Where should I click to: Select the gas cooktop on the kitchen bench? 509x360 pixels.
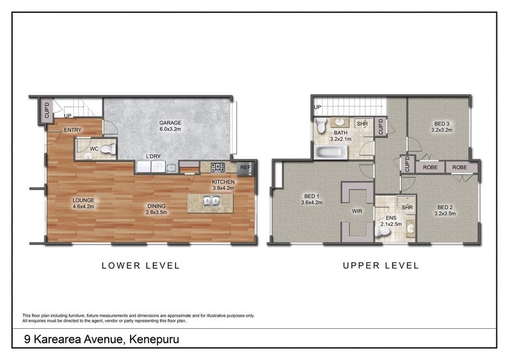click(x=218, y=168)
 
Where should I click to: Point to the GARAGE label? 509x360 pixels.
click(x=170, y=123)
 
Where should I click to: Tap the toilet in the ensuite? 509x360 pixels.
click(x=383, y=233)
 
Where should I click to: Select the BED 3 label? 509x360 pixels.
click(x=442, y=123)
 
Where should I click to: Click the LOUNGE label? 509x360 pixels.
click(x=83, y=200)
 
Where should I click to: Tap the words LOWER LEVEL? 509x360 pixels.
click(x=141, y=266)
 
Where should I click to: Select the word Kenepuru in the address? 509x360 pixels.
click(x=153, y=339)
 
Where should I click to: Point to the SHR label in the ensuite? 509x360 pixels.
click(x=407, y=207)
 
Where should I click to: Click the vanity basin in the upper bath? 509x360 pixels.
click(x=340, y=122)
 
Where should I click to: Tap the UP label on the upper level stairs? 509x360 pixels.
click(x=317, y=107)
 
